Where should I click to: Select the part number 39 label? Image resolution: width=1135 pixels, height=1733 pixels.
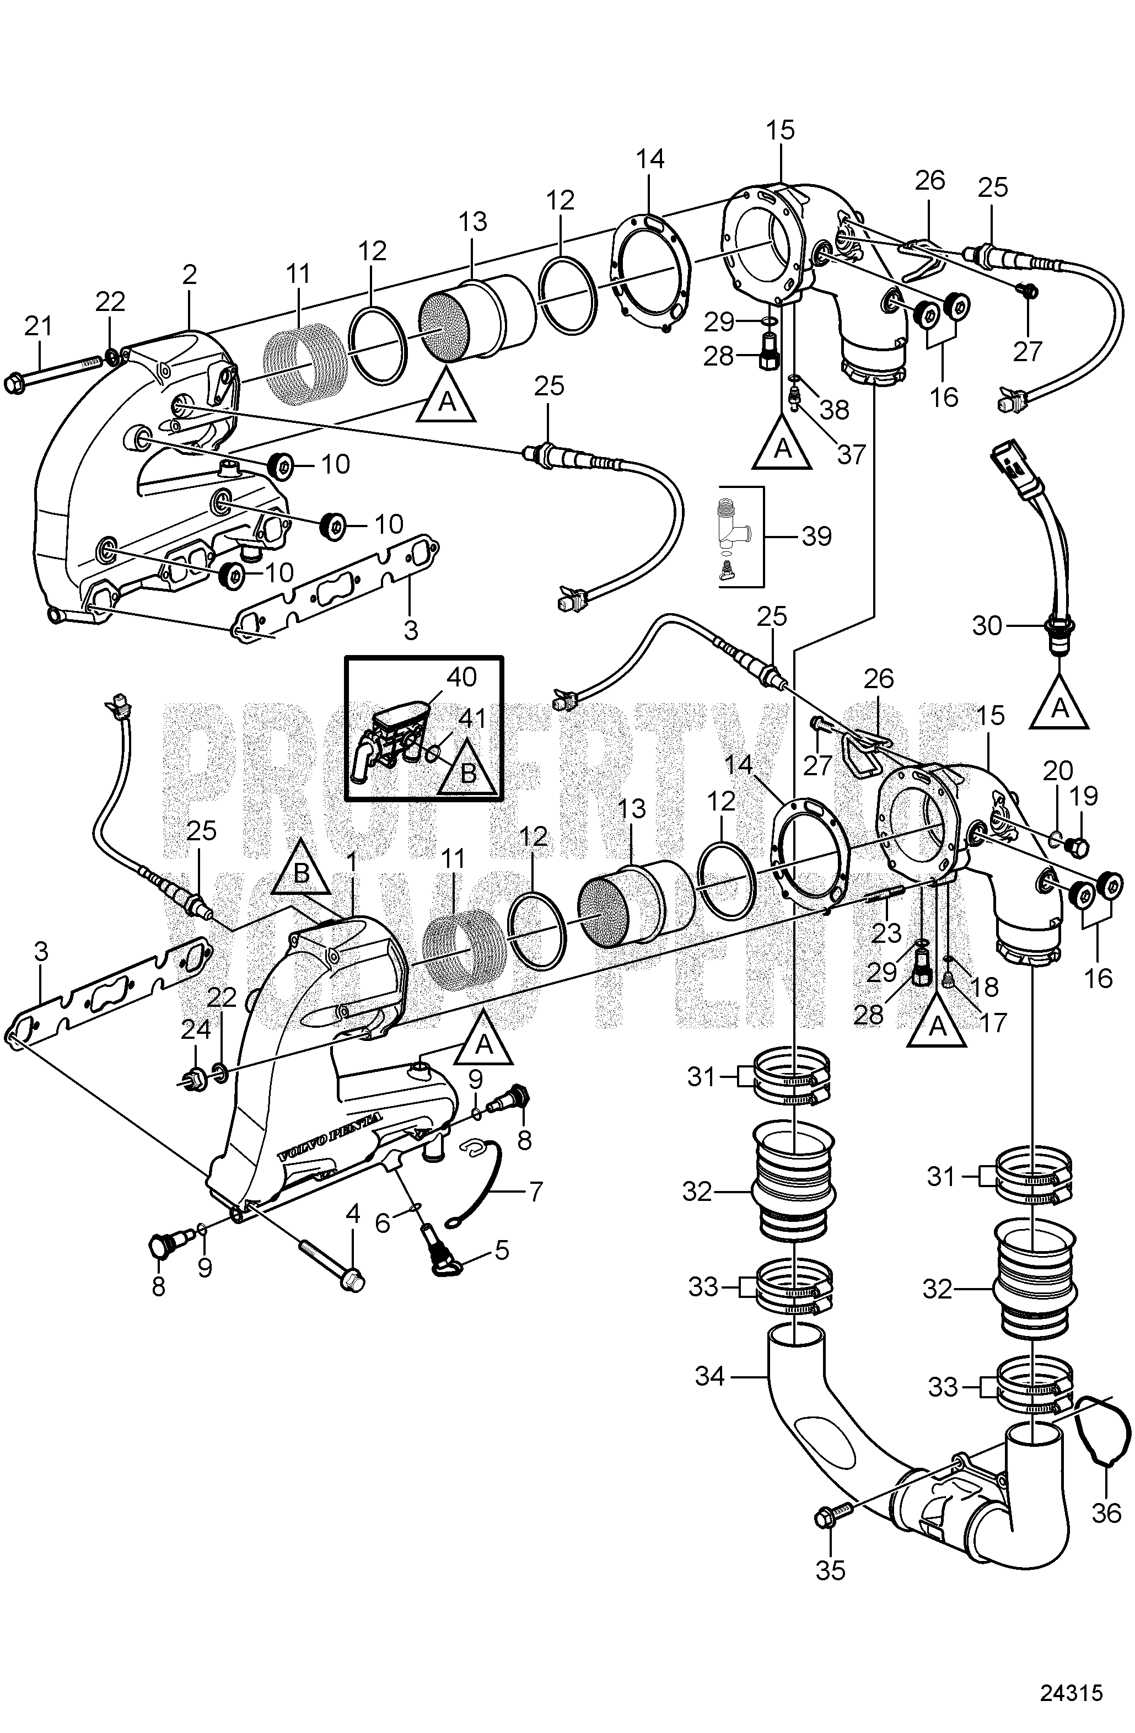coord(816,536)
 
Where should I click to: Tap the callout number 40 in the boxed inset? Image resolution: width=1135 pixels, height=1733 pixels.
coord(461,677)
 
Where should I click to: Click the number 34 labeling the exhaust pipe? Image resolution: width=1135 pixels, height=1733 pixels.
coord(710,1376)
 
